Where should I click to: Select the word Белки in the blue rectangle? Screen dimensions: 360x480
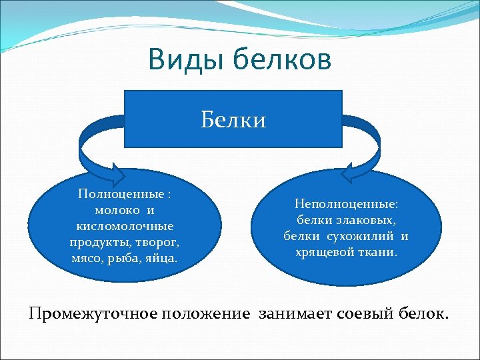point(233,119)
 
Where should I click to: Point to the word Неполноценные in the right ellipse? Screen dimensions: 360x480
point(346,205)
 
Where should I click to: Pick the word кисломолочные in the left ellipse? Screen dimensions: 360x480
point(125,225)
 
